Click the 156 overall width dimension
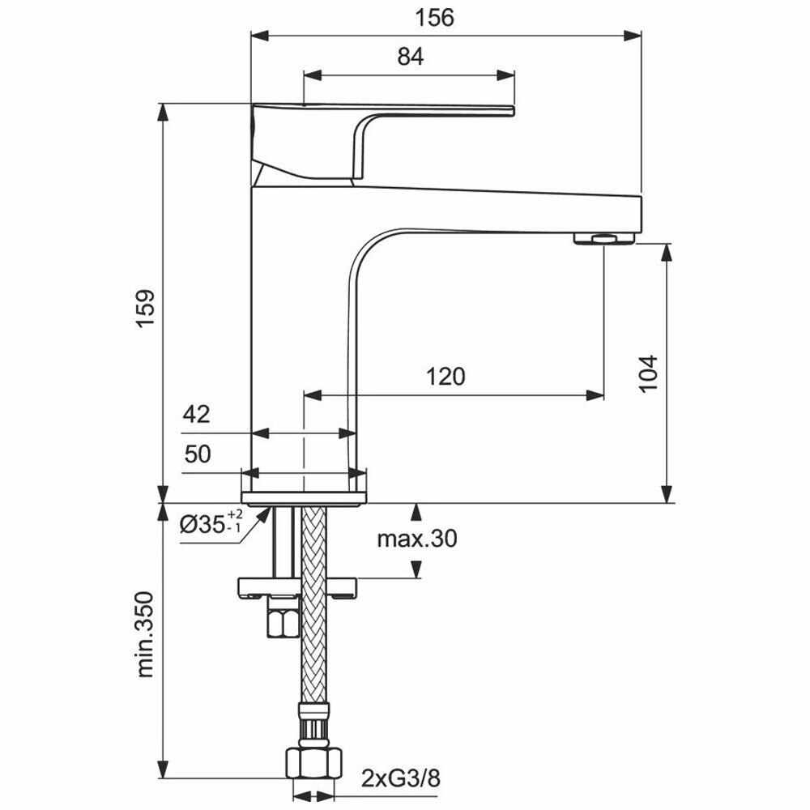[x=434, y=17]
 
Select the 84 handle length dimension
[x=410, y=57]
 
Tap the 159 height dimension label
[x=146, y=309]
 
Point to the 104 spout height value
[x=648, y=373]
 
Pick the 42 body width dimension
[x=196, y=414]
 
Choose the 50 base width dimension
[x=198, y=454]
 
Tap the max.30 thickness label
[x=417, y=539]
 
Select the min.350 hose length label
[x=146, y=635]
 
